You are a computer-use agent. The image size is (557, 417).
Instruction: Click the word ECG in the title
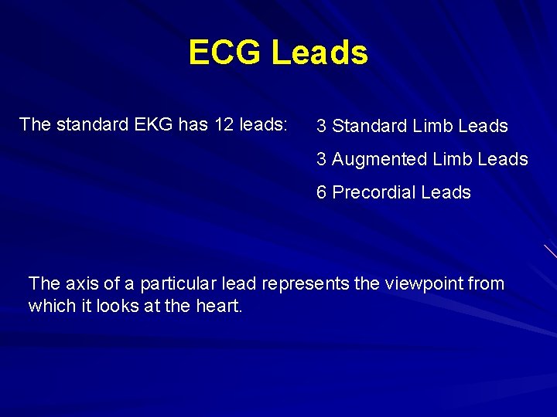(225, 53)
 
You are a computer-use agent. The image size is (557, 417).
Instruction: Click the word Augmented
(379, 160)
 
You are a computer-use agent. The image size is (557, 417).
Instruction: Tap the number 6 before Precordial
(322, 193)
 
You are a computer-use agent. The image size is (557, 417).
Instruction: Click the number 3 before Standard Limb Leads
(322, 126)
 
